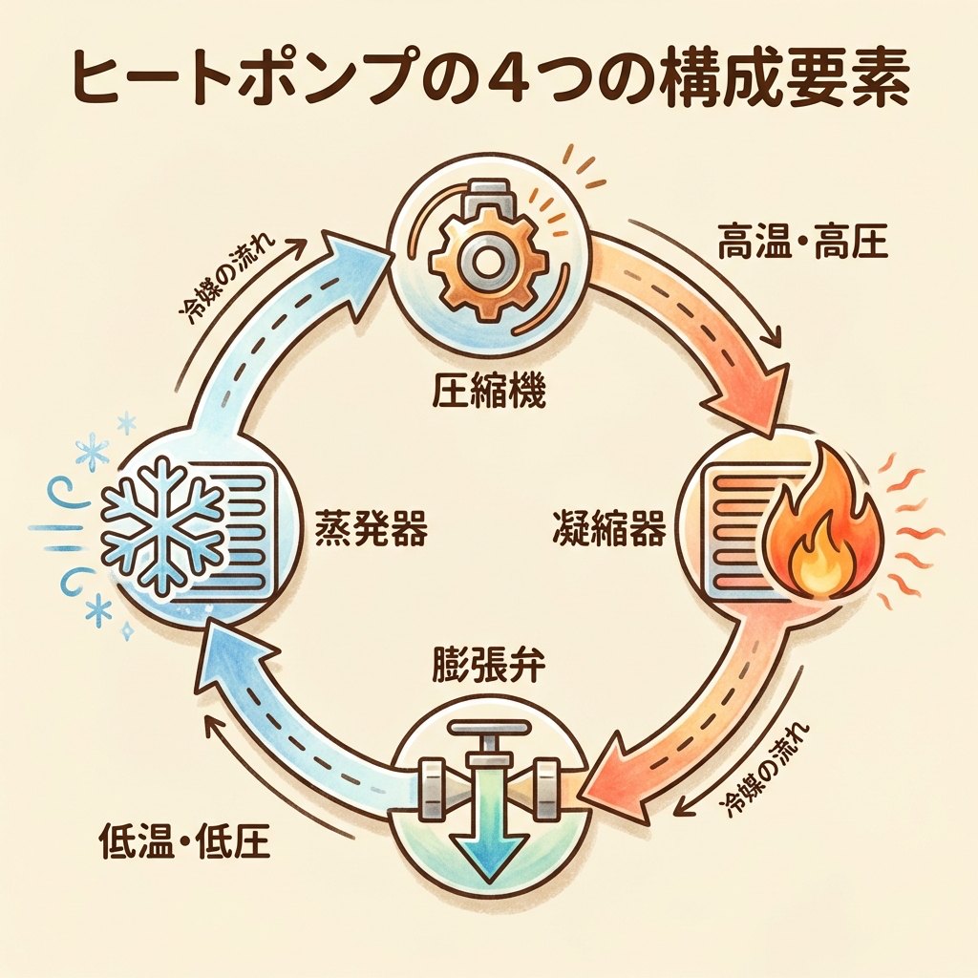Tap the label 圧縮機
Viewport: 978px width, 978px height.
tap(488, 392)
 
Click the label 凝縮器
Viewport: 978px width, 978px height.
tap(608, 526)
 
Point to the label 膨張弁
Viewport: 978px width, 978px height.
tap(488, 666)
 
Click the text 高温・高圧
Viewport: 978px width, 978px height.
tap(802, 245)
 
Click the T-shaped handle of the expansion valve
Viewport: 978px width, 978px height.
tap(488, 735)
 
